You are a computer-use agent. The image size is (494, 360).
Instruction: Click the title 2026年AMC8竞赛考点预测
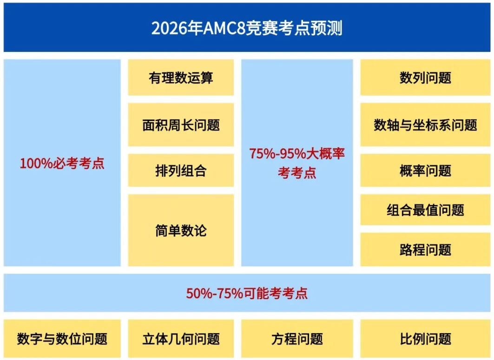247,28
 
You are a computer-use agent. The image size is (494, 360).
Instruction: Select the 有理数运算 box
181,78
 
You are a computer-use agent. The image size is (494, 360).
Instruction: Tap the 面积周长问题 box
181,125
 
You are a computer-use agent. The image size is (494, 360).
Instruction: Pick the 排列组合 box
181,171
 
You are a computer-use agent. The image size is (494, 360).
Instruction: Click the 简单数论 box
181,230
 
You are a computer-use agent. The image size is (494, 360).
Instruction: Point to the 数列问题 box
425,78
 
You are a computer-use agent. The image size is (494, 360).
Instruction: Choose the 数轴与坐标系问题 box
425,125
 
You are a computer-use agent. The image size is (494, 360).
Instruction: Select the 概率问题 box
425,171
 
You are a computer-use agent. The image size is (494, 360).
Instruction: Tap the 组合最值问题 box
425,210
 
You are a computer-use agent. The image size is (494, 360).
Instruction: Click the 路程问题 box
425,249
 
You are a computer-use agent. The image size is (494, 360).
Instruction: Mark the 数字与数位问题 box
62,339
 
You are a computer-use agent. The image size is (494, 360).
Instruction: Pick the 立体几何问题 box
181,339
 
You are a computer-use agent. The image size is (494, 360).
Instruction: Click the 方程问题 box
297,339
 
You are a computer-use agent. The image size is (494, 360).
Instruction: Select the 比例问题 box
425,339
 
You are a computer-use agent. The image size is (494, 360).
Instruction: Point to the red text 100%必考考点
62,164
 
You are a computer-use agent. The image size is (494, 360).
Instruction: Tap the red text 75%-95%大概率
297,154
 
